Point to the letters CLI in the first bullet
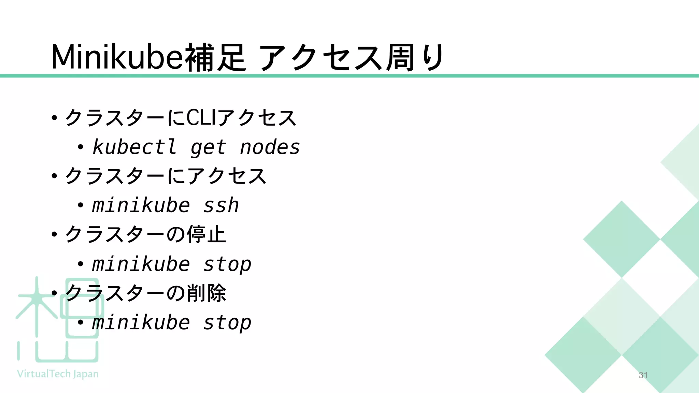click(x=201, y=118)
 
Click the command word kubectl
click(x=134, y=147)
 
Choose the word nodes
click(x=270, y=147)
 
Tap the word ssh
click(x=221, y=206)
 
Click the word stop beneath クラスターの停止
click(x=227, y=265)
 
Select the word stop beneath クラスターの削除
click(x=227, y=323)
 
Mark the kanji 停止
click(x=206, y=234)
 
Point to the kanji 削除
click(x=206, y=293)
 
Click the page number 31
click(x=643, y=375)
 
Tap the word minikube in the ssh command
click(x=141, y=206)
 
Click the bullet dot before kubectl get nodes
click(x=80, y=147)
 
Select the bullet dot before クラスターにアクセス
click(x=54, y=176)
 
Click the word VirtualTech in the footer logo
click(x=44, y=374)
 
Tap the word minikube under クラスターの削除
click(x=141, y=323)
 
